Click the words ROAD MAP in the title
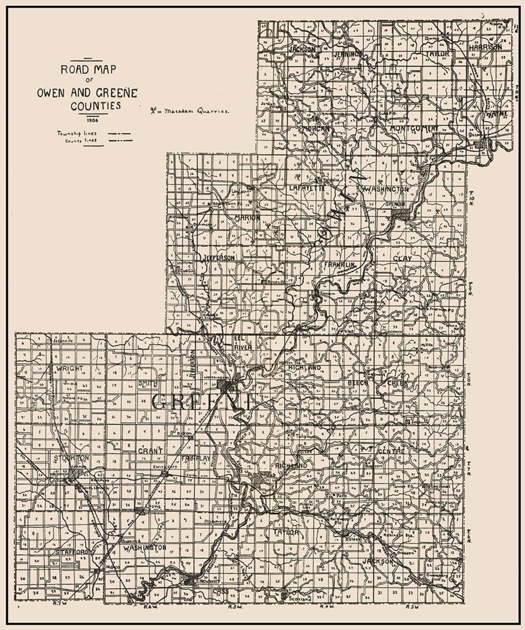coord(88,69)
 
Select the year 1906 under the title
coord(88,120)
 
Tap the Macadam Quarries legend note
coord(189,110)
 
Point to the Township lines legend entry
coord(76,133)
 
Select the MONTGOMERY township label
coord(414,128)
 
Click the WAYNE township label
coord(496,113)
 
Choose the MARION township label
coord(247,217)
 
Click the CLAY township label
coord(403,259)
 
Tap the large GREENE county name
coord(202,402)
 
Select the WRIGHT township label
coord(69,368)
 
